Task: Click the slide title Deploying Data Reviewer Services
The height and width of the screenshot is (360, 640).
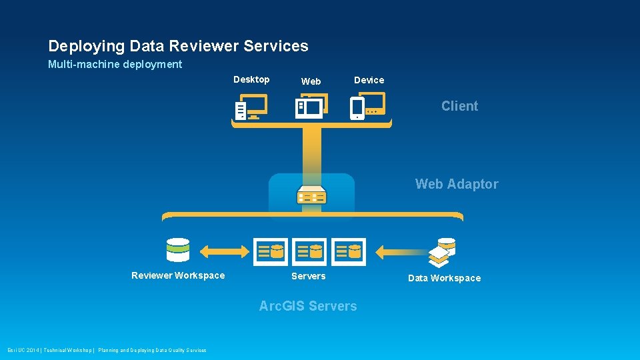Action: [x=178, y=46]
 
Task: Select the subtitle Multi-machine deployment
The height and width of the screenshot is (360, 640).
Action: [x=115, y=65]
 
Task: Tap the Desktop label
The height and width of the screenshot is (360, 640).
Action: [x=251, y=79]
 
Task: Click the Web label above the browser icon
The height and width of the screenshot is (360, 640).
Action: [x=311, y=81]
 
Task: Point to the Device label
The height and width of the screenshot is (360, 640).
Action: [x=369, y=80]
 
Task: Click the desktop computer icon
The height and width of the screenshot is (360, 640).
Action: [x=251, y=107]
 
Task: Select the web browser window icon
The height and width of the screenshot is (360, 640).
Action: [x=311, y=107]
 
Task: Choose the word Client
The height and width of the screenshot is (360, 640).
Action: [x=459, y=106]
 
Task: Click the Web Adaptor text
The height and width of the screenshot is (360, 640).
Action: [x=457, y=184]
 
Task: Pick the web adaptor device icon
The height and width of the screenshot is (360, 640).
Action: [x=311, y=195]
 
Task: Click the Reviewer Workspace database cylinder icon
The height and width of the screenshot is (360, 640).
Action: [x=178, y=250]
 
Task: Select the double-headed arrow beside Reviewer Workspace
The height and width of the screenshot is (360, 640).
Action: [x=224, y=251]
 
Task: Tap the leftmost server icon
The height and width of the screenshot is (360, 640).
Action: [x=271, y=251]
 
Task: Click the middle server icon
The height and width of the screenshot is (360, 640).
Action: [x=309, y=251]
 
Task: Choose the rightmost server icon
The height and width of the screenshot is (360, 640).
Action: [x=349, y=251]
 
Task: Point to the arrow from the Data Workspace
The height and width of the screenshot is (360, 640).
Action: [x=400, y=252]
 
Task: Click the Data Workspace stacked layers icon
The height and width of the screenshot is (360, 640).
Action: [x=442, y=251]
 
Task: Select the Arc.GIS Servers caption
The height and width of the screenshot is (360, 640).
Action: [x=307, y=306]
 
